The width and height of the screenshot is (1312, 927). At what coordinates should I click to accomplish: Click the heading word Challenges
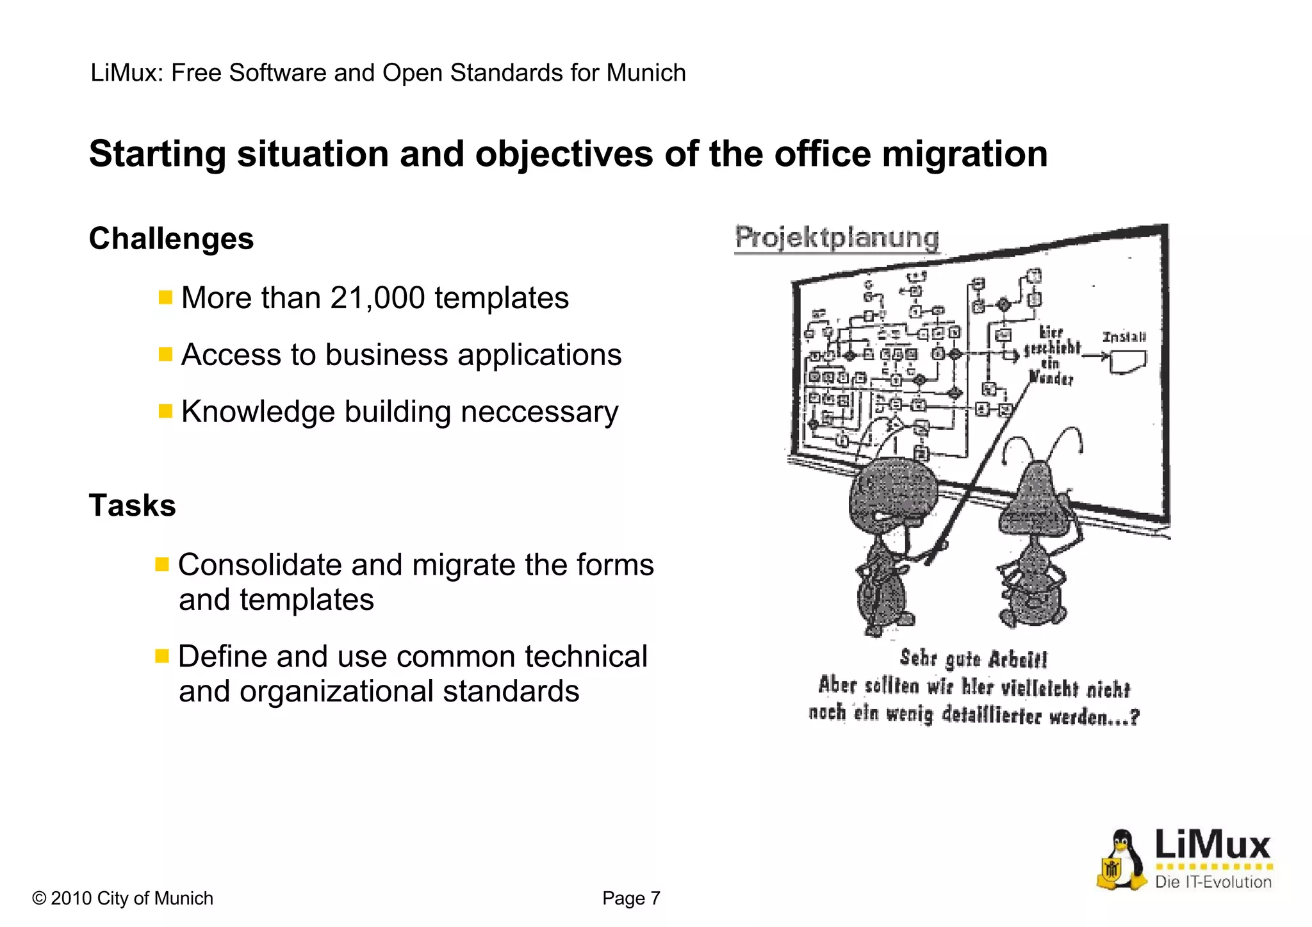(x=171, y=239)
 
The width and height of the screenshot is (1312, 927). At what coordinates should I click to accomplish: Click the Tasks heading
(x=132, y=505)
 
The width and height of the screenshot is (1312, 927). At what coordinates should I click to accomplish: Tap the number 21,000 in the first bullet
(x=377, y=298)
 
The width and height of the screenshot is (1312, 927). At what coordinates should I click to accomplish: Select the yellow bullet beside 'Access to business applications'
(x=165, y=354)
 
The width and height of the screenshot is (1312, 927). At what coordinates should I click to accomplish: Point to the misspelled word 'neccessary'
(x=539, y=412)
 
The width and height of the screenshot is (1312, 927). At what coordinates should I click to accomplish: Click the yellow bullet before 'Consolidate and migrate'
(x=162, y=564)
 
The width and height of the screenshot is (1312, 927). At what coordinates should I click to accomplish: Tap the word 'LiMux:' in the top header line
(x=127, y=73)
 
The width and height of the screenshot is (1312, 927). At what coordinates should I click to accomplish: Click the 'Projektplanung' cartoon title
(x=837, y=238)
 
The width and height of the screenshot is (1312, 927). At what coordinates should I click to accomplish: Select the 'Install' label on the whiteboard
(x=1124, y=337)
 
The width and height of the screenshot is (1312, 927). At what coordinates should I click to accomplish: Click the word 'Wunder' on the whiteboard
(x=1051, y=377)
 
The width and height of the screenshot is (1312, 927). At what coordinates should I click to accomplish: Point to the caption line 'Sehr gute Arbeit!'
(x=973, y=659)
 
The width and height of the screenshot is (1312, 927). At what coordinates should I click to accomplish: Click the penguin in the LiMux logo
(x=1121, y=860)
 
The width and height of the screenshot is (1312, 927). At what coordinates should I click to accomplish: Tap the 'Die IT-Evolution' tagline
(x=1213, y=882)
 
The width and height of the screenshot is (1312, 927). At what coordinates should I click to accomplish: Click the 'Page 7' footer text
(x=631, y=898)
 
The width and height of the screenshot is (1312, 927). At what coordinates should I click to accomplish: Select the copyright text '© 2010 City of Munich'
(x=122, y=898)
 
